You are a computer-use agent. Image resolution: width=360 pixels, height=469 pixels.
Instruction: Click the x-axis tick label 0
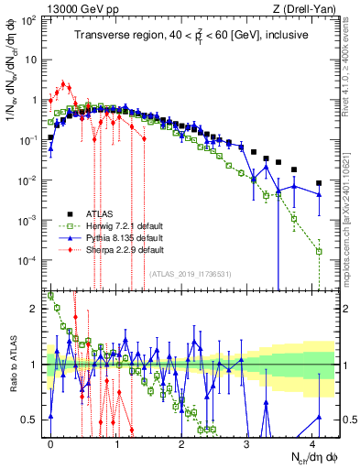50,442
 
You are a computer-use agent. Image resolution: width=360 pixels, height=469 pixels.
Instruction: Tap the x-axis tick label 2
180,442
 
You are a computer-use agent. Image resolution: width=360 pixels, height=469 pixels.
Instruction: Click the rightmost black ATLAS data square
319,183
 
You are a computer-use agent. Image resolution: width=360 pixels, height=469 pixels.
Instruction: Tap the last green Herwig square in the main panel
319,251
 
